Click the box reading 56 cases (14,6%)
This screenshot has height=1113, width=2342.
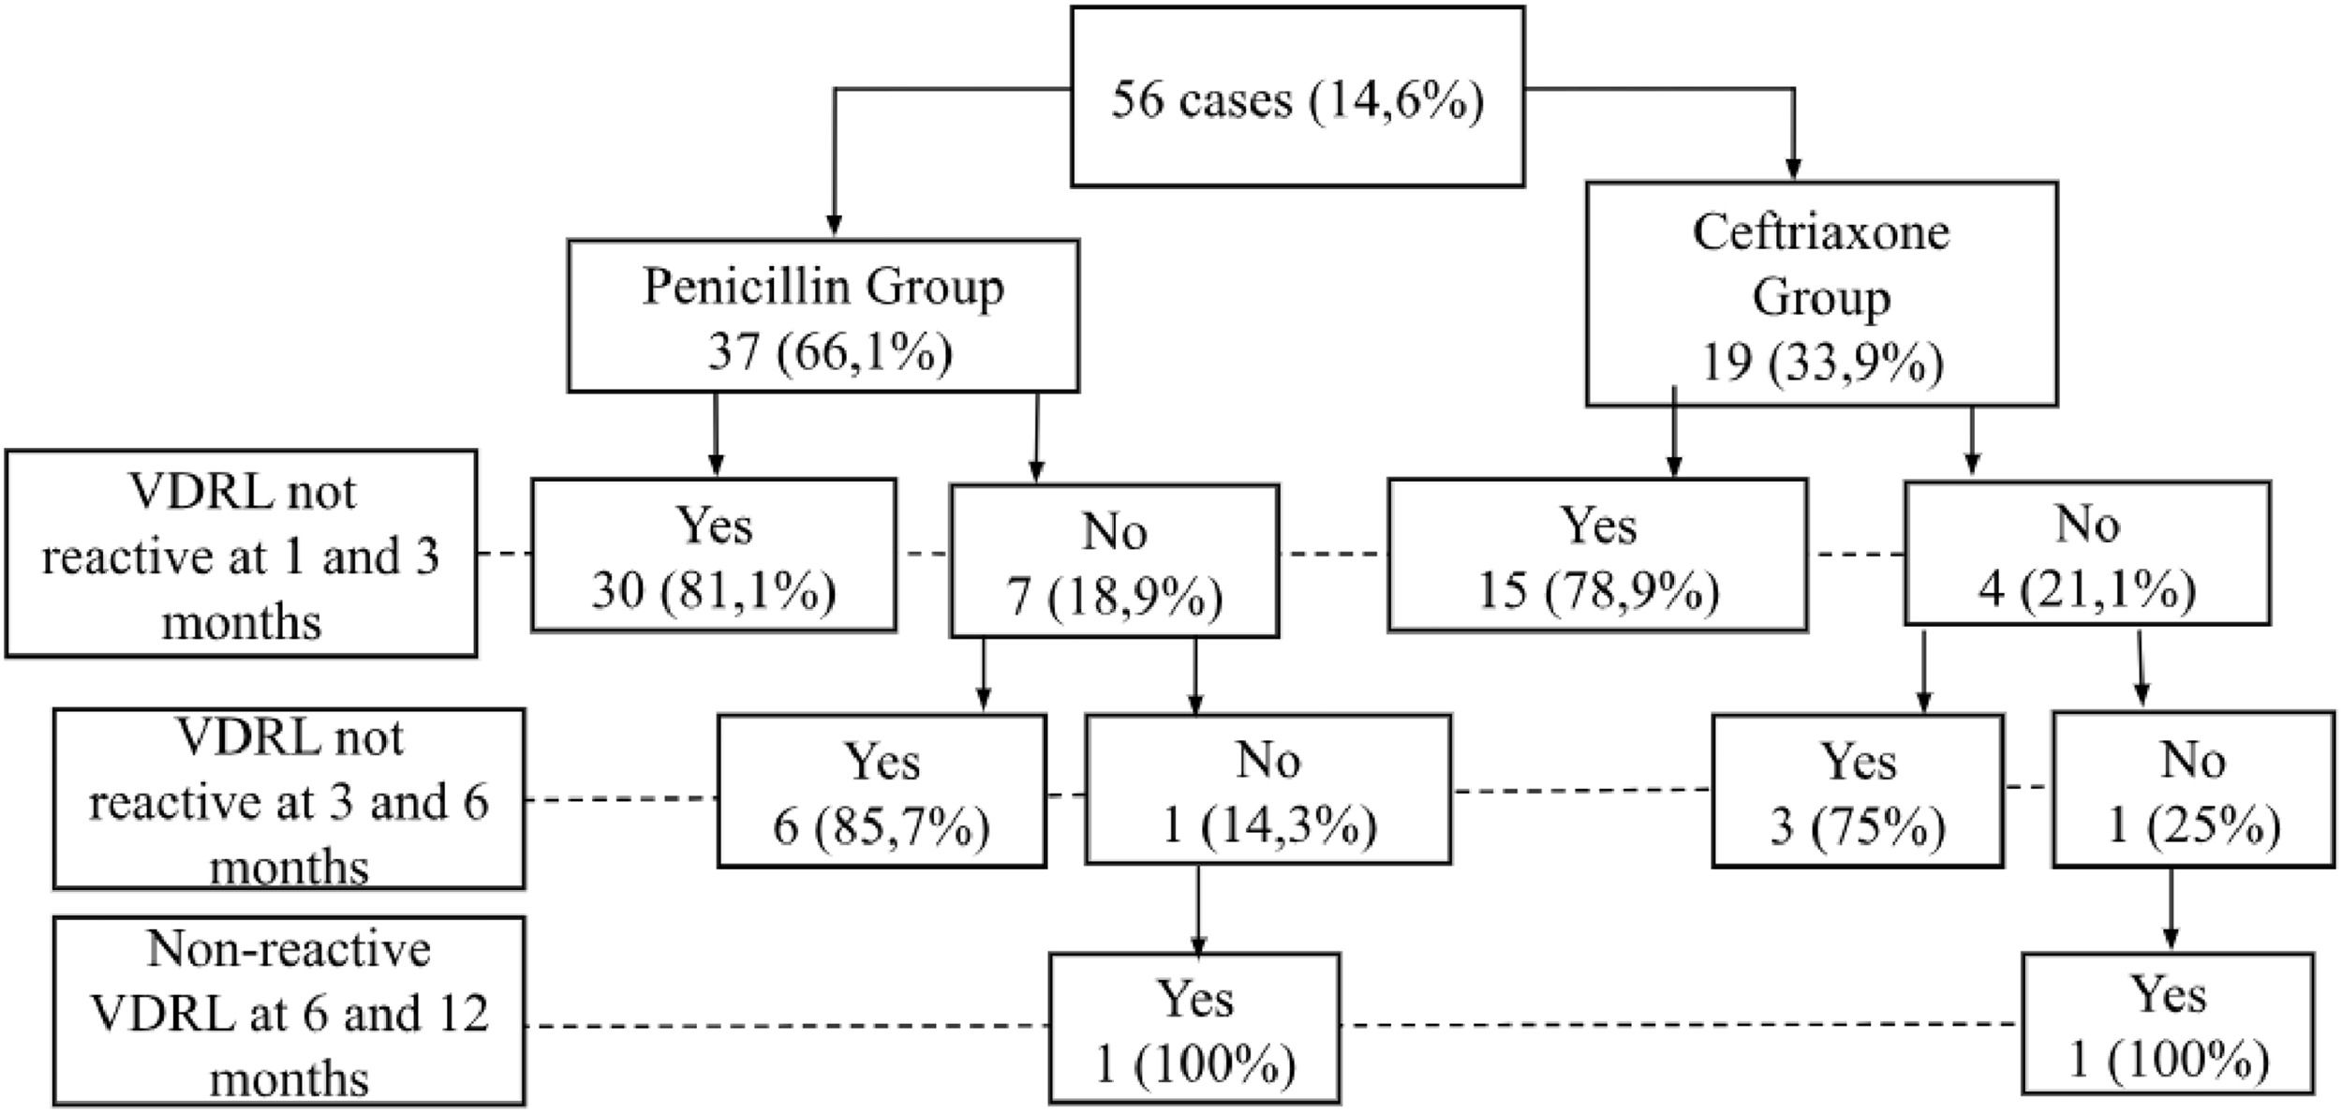point(1297,97)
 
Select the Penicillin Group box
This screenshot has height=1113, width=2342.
point(823,316)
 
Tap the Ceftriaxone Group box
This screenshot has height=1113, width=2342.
point(1820,294)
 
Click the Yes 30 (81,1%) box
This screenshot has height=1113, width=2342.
point(714,555)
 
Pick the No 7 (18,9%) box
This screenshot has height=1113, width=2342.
point(1114,560)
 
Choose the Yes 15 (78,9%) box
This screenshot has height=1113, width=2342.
point(1597,555)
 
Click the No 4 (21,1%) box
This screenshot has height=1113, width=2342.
point(2086,553)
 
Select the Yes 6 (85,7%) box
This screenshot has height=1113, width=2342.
point(882,791)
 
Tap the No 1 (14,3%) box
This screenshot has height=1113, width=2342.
point(1267,789)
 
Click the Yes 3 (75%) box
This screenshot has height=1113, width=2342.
point(1857,791)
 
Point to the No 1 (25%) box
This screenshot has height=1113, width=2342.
point(2192,791)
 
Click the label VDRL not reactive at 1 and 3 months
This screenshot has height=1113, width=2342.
point(241,554)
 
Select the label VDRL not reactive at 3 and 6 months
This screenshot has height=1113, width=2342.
point(289,798)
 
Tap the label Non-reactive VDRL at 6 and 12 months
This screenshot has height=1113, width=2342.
point(289,1011)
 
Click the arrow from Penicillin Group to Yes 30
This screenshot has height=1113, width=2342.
point(716,435)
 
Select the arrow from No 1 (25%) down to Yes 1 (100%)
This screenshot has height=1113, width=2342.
point(2171,909)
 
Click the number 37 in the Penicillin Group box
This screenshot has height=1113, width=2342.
point(733,353)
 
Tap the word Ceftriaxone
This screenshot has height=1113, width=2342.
point(1820,232)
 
